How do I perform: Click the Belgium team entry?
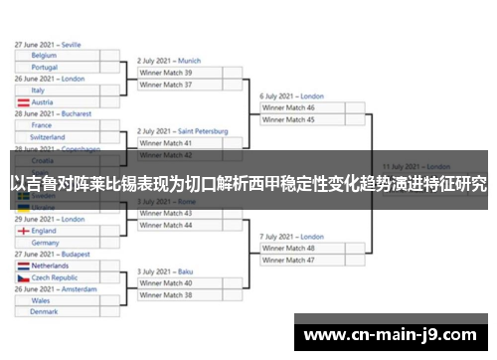tap(44, 56)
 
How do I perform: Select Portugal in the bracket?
tap(45, 68)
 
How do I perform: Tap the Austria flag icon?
tap(22, 102)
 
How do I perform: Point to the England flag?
tap(22, 231)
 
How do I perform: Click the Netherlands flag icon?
tap(22, 267)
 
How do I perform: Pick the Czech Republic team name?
tap(56, 278)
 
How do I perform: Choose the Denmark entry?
tap(44, 311)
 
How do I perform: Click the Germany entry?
tap(46, 243)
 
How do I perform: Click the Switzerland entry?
tap(48, 137)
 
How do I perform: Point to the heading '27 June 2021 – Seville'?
tap(48, 45)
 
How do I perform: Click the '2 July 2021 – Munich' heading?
tap(169, 61)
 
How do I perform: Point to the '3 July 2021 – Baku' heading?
tap(165, 271)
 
